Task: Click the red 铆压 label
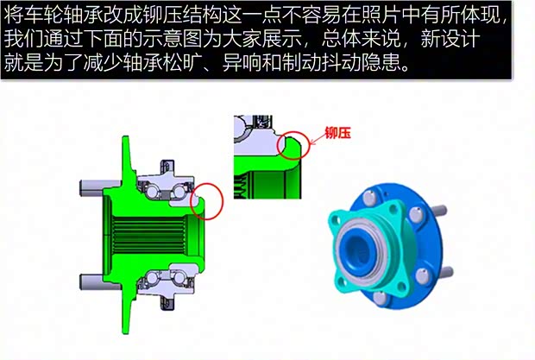click(x=339, y=133)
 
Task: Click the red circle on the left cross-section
click(x=207, y=199)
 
